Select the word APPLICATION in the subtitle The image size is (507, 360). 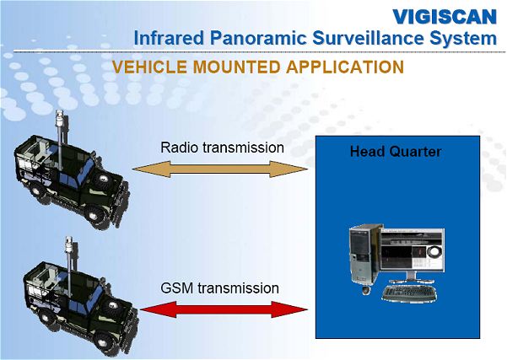tap(347, 67)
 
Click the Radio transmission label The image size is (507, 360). tap(222, 148)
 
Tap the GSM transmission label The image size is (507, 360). tap(219, 287)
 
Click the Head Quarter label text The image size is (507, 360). tap(396, 153)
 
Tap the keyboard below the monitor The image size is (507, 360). tap(408, 293)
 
